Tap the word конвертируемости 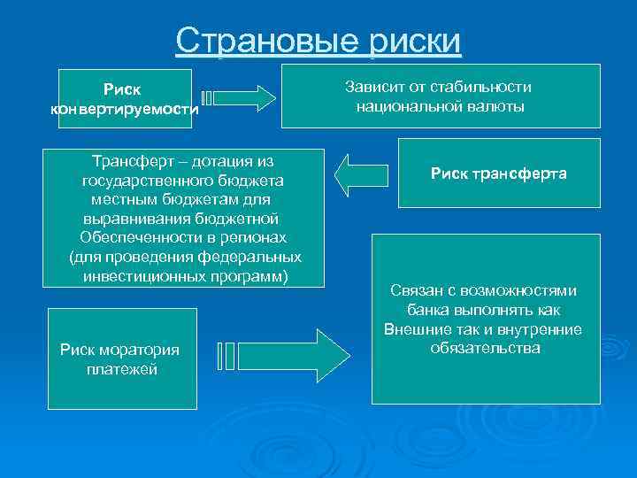(125, 110)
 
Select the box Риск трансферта (498, 173)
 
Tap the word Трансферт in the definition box (128, 160)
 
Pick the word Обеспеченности (134, 237)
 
